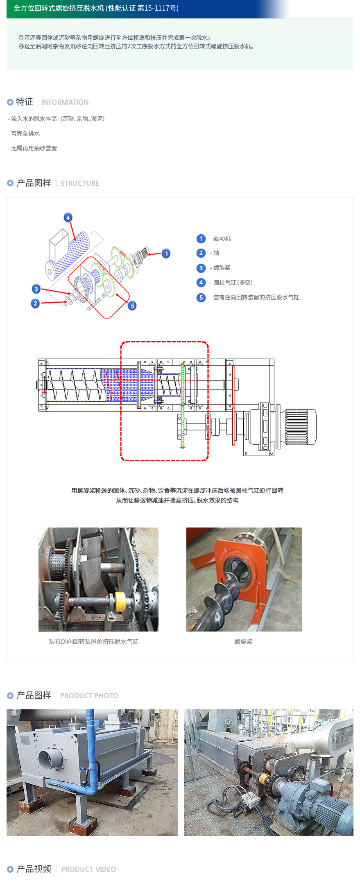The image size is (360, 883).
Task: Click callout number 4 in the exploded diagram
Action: pyautogui.click(x=68, y=217)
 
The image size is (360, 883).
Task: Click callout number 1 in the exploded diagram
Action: pyautogui.click(x=166, y=254)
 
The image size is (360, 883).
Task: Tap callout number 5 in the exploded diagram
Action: pyautogui.click(x=132, y=306)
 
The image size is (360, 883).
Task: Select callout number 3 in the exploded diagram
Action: pyautogui.click(x=36, y=289)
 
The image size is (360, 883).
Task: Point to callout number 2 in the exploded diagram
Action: pyautogui.click(x=35, y=303)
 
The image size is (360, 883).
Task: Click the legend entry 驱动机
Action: pyautogui.click(x=222, y=238)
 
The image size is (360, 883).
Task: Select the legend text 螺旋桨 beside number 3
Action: pyautogui.click(x=222, y=268)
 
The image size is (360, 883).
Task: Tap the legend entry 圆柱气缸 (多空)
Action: pyautogui.click(x=233, y=283)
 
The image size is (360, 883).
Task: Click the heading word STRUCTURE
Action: pyautogui.click(x=80, y=183)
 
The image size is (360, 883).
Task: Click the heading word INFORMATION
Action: pyautogui.click(x=65, y=102)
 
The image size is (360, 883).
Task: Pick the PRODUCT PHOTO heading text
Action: pyautogui.click(x=89, y=696)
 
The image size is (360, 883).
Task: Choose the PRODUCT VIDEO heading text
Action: pyautogui.click(x=88, y=869)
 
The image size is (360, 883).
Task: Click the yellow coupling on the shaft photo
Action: pyautogui.click(x=120, y=602)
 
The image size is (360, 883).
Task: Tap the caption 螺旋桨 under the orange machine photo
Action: pyautogui.click(x=243, y=642)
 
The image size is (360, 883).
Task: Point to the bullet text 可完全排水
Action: pyautogui.click(x=25, y=134)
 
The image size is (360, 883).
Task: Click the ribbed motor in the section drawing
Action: pyautogui.click(x=301, y=426)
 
